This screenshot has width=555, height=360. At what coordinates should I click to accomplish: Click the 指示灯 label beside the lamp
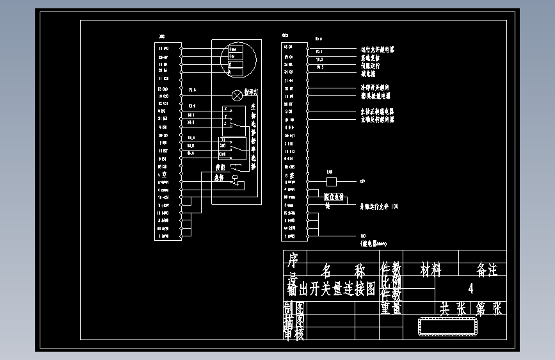click(252, 94)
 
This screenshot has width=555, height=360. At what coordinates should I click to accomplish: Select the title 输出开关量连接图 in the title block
click(331, 289)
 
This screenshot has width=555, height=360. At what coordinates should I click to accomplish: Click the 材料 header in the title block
click(431, 270)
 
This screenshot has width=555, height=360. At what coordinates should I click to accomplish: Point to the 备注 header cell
click(487, 270)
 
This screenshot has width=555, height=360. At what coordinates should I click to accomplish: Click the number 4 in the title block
click(471, 288)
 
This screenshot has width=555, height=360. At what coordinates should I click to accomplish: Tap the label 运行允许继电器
click(378, 49)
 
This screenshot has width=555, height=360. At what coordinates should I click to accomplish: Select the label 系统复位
click(371, 58)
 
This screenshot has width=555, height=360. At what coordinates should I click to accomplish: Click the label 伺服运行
click(371, 65)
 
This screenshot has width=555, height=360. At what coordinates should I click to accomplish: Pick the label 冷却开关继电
click(375, 88)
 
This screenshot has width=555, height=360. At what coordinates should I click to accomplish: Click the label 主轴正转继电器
click(377, 111)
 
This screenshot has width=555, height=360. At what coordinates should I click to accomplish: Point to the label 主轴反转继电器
click(377, 119)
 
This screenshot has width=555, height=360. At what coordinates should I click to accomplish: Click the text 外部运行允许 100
click(379, 207)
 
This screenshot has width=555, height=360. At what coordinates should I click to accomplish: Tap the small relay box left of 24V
click(331, 182)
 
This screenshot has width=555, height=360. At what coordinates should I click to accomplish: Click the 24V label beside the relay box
click(363, 182)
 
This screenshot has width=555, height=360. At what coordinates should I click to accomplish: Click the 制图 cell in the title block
click(294, 308)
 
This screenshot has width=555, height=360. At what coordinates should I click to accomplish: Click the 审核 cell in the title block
click(294, 332)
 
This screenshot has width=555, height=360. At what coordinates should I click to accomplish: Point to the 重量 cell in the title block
click(390, 308)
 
